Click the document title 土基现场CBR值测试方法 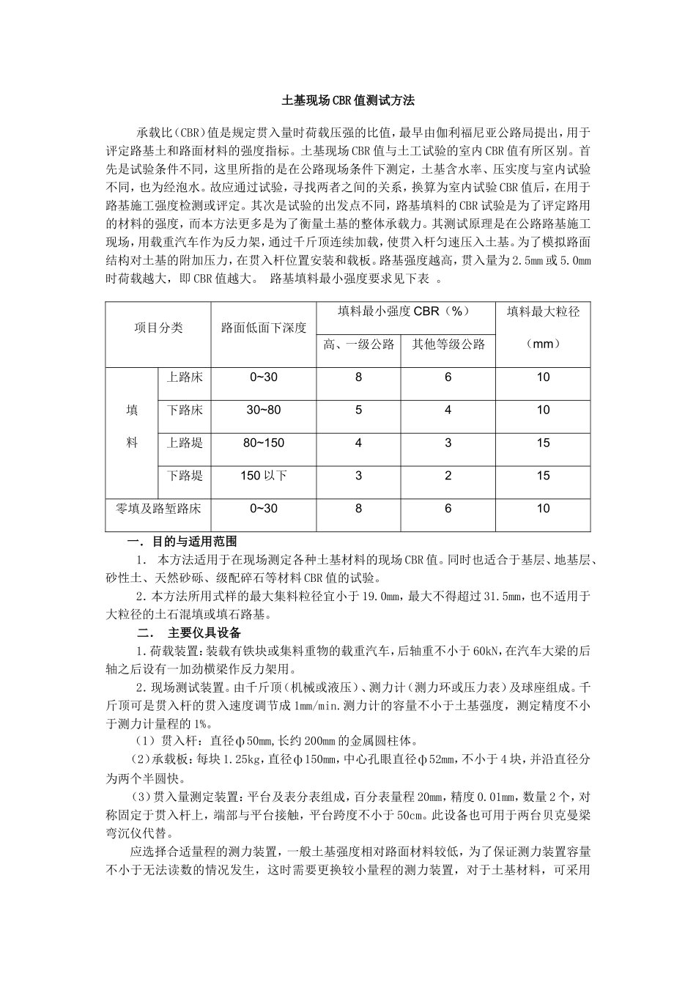pyautogui.click(x=348, y=100)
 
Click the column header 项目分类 pyautogui.click(x=158, y=328)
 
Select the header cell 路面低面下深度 pyautogui.click(x=264, y=328)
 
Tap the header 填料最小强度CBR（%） pyautogui.click(x=405, y=311)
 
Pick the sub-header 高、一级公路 pyautogui.click(x=358, y=344)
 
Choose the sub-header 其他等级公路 pyautogui.click(x=448, y=344)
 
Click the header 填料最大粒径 pyautogui.click(x=543, y=311)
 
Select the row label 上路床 pyautogui.click(x=185, y=377)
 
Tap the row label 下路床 pyautogui.click(x=185, y=410)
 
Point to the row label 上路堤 pyautogui.click(x=185, y=443)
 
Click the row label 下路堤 pyautogui.click(x=185, y=476)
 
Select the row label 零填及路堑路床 pyautogui.click(x=158, y=509)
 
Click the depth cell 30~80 pyautogui.click(x=264, y=410)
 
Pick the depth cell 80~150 pyautogui.click(x=264, y=443)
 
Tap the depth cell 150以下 pyautogui.click(x=264, y=476)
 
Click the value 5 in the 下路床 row pyautogui.click(x=358, y=410)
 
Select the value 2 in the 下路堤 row pyautogui.click(x=448, y=476)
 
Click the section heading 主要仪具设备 pyautogui.click(x=204, y=632)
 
